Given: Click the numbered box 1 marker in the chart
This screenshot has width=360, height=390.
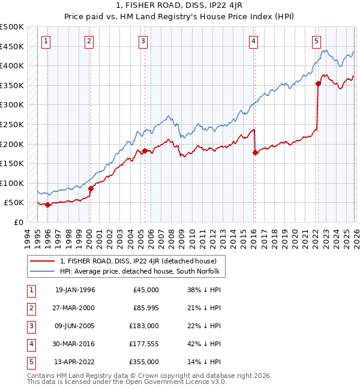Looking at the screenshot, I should [x=46, y=41].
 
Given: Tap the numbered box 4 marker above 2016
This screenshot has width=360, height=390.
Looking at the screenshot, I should [x=254, y=41].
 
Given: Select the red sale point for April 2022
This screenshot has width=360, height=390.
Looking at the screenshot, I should [x=318, y=83].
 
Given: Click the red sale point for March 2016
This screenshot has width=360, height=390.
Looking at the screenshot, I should [x=255, y=152].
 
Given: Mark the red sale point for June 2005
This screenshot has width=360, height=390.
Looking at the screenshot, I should [x=145, y=151].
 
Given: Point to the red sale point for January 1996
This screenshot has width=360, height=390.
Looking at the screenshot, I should [x=48, y=205].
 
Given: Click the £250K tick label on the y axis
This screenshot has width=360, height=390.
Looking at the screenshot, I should [x=12, y=124].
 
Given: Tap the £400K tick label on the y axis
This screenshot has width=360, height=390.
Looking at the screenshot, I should [x=12, y=65].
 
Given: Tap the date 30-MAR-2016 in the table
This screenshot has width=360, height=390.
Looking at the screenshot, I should [x=75, y=344].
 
